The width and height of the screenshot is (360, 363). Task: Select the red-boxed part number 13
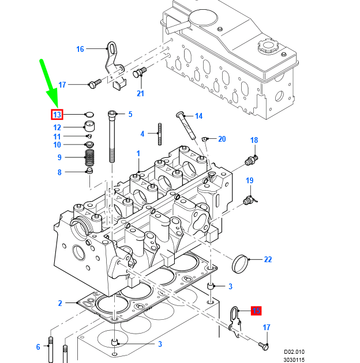57,114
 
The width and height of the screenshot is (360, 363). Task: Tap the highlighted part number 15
256,311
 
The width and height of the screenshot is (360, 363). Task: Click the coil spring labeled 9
89,157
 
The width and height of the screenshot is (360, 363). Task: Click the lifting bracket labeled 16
112,58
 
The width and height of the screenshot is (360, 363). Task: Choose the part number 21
140,93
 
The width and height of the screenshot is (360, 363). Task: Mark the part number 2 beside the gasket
59,303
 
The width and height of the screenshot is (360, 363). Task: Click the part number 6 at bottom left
38,346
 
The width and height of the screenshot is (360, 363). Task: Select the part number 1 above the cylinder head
138,153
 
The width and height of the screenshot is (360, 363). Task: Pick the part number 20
222,139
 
